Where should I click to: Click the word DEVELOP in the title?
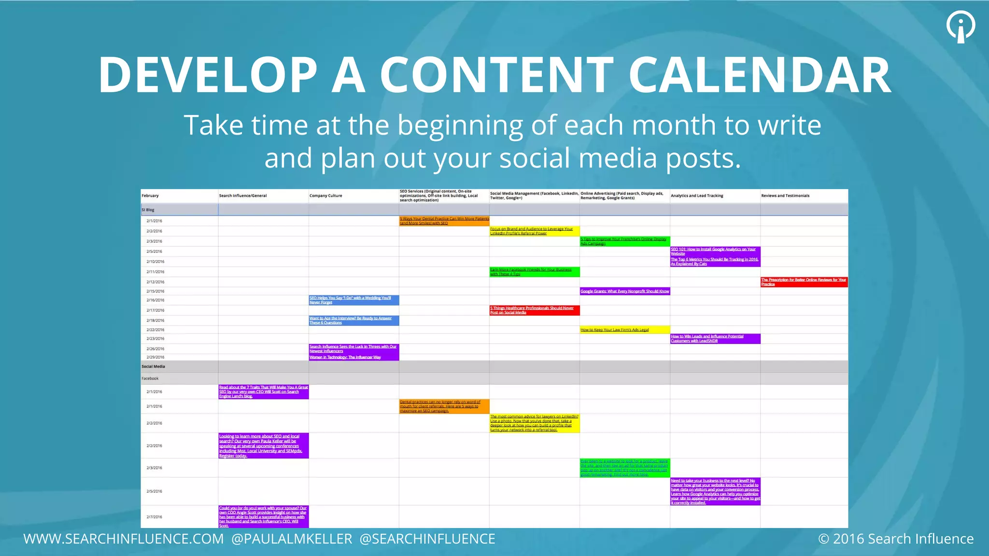pyautogui.click(x=208, y=75)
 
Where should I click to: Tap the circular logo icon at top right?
pyautogui.click(x=961, y=26)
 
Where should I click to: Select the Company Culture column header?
pyautogui.click(x=325, y=196)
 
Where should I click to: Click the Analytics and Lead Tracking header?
pyautogui.click(x=697, y=196)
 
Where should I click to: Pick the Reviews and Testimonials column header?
pyautogui.click(x=785, y=196)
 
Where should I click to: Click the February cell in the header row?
pyautogui.click(x=150, y=196)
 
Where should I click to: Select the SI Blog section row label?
pyautogui.click(x=148, y=210)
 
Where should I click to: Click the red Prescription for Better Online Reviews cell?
pyautogui.click(x=804, y=282)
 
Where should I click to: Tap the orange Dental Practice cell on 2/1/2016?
pyautogui.click(x=444, y=221)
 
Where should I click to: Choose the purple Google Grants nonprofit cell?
pyautogui.click(x=624, y=292)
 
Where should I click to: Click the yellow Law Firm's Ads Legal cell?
pyautogui.click(x=624, y=330)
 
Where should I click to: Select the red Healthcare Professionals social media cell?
pyautogui.click(x=534, y=310)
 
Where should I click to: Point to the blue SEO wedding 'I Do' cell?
pyautogui.click(x=353, y=300)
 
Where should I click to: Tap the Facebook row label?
pyautogui.click(x=150, y=378)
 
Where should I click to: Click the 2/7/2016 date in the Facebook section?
pyautogui.click(x=155, y=517)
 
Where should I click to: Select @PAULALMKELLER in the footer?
pyautogui.click(x=292, y=539)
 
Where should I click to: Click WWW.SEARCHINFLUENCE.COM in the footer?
pyautogui.click(x=124, y=539)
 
